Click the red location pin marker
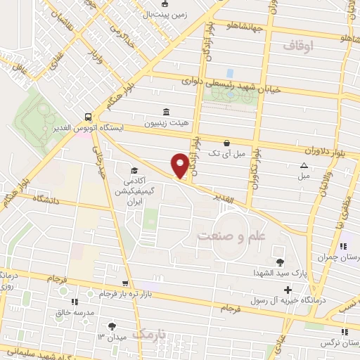click(x=180, y=165)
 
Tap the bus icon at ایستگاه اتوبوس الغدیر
click(x=87, y=117)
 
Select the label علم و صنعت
click(x=232, y=236)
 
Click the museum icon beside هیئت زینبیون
click(x=166, y=112)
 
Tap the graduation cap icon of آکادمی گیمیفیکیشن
click(x=133, y=170)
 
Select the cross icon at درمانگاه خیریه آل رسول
click(x=287, y=290)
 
